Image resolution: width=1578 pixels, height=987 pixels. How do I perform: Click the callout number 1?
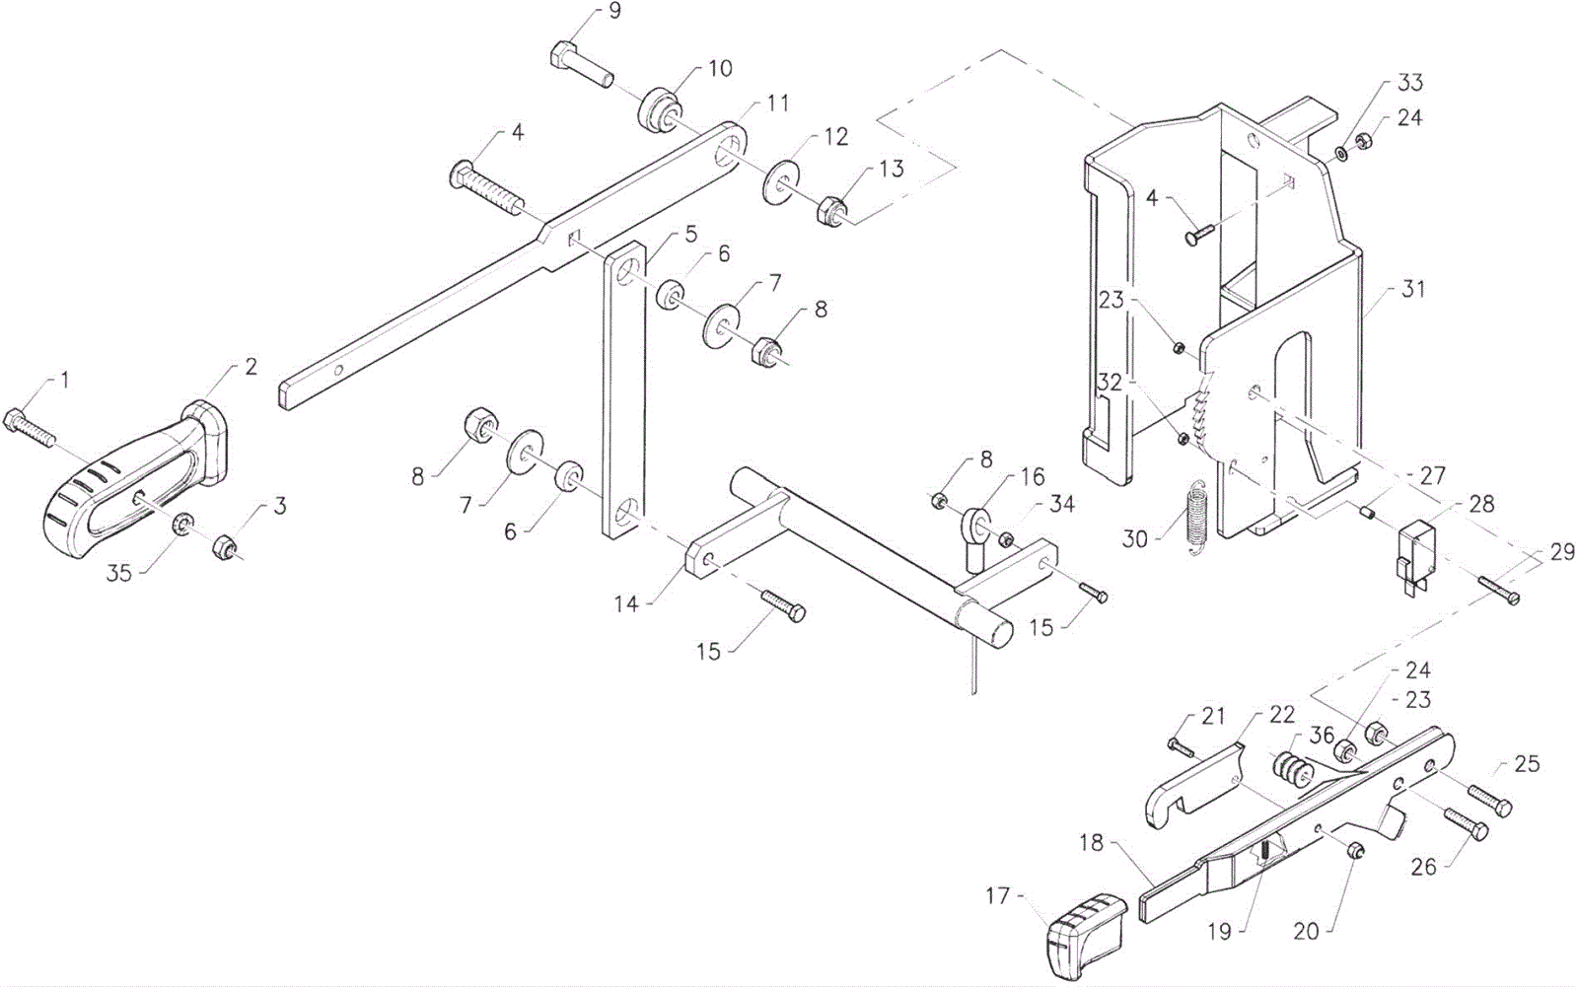coord(65,381)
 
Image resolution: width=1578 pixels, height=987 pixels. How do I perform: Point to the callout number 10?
coord(720,68)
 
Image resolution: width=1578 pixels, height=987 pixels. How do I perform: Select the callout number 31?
coord(1413,289)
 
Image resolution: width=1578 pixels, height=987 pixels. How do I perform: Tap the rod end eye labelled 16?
coord(975,538)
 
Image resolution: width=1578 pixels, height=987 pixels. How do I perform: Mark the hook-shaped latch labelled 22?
coord(1194,788)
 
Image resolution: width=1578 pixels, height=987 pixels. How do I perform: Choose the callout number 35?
coord(118,574)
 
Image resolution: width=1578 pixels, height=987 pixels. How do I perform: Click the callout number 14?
coord(625,603)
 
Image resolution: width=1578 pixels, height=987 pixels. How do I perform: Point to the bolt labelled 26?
coord(1467,823)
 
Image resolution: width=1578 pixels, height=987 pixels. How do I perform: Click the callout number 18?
coord(1091,842)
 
